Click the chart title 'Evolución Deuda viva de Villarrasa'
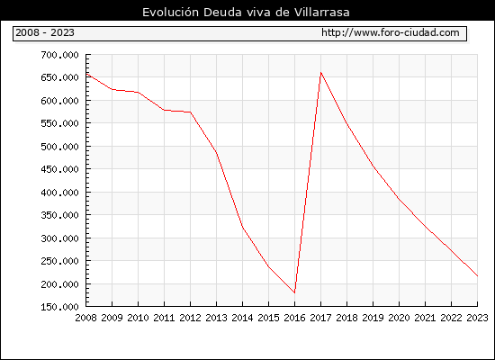point(246,13)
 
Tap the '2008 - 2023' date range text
point(45,32)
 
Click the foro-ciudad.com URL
point(391,32)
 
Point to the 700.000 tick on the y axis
point(59,55)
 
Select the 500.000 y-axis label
point(59,147)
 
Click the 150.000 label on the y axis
point(59,307)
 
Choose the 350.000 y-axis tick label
point(59,215)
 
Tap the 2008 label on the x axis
point(85,318)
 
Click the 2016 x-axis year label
point(294,318)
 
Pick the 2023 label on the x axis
point(477,318)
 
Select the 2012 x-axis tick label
point(191,318)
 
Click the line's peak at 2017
point(320,73)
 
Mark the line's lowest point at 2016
point(294,292)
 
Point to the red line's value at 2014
point(242,228)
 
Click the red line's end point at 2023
point(477,276)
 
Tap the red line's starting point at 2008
point(86,74)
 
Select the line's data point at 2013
point(217,153)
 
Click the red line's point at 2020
point(399,199)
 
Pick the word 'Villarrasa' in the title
point(322,13)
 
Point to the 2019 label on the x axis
point(373,318)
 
